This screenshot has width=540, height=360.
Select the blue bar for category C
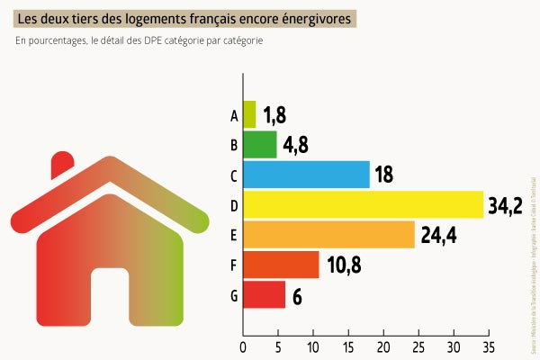pyautogui.click(x=306, y=175)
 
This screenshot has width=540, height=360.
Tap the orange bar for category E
pyautogui.click(x=328, y=235)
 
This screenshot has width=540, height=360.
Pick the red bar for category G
pyautogui.click(x=264, y=294)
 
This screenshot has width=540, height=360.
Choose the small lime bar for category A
pyautogui.click(x=249, y=115)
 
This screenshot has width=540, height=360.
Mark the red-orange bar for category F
pyautogui.click(x=281, y=265)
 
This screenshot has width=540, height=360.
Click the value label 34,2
pyautogui.click(x=505, y=205)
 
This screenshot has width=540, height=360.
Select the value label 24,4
pyautogui.click(x=438, y=236)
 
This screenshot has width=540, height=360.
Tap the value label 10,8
pyautogui.click(x=345, y=265)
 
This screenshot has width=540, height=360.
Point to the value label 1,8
pyautogui.click(x=275, y=115)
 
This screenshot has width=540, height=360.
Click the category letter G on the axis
pyautogui.click(x=234, y=295)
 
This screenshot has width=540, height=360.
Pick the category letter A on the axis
pyautogui.click(x=234, y=115)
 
